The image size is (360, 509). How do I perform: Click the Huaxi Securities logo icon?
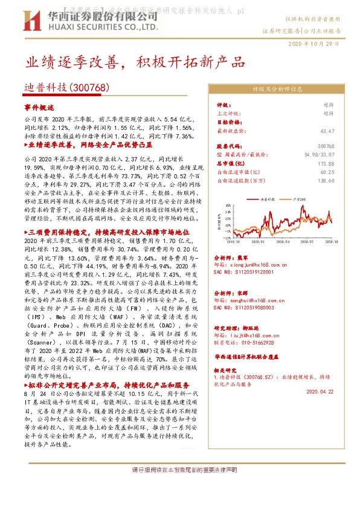(x=31, y=22)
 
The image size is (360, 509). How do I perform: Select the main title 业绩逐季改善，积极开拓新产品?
(x=135, y=62)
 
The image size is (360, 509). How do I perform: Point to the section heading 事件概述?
(x=40, y=106)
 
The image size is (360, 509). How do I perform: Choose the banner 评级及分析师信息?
(x=276, y=89)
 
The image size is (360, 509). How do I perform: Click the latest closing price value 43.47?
(x=327, y=131)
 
